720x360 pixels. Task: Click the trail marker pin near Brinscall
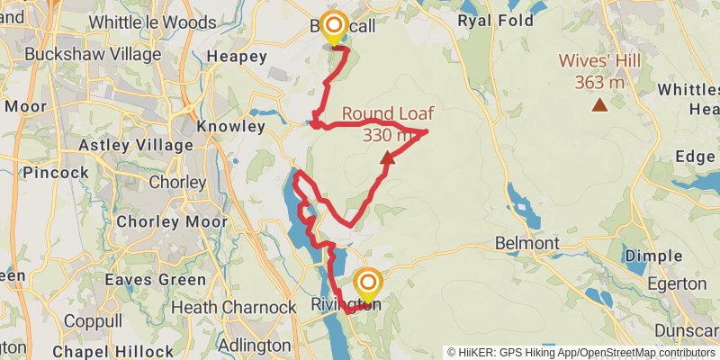[x=335, y=27]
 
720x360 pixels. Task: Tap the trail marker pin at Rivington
[x=366, y=284]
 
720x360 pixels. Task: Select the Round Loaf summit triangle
[x=387, y=158]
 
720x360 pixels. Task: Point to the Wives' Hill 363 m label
[x=591, y=71]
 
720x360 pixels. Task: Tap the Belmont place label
[x=527, y=243]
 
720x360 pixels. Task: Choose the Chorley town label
[x=177, y=182]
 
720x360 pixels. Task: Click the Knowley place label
[x=230, y=126]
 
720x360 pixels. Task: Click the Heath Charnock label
[x=233, y=308]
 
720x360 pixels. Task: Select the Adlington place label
[x=255, y=345]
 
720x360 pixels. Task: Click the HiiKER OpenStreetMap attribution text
[x=581, y=353]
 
